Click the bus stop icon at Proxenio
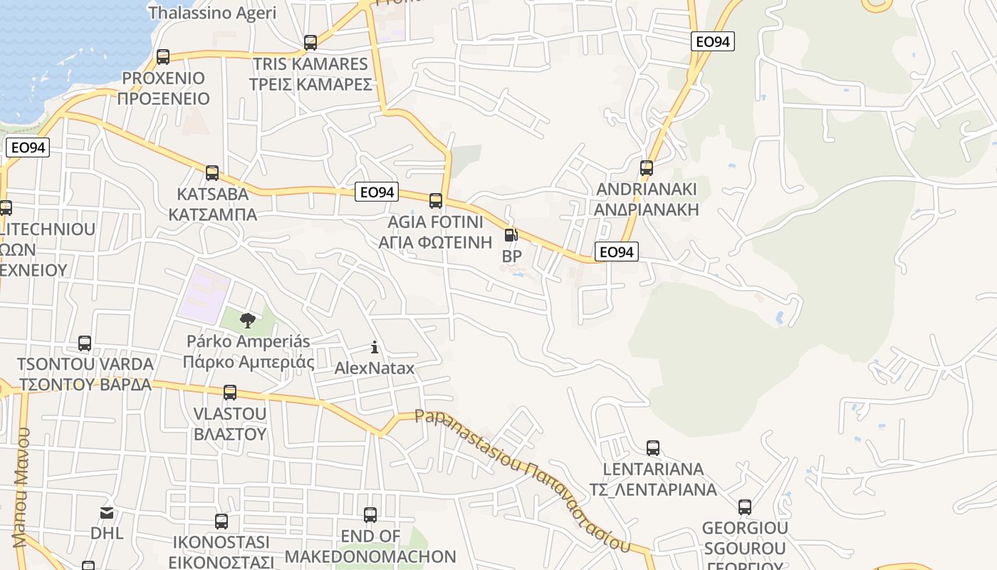(x=163, y=57)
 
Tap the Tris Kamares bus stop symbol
(x=310, y=43)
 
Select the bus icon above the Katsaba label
(x=212, y=173)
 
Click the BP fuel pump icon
(x=511, y=235)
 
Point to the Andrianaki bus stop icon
(x=647, y=168)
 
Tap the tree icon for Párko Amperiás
(x=247, y=320)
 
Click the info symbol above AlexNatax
(x=375, y=348)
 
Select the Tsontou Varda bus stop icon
(x=85, y=343)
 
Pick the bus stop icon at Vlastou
(x=230, y=393)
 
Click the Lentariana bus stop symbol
(x=653, y=448)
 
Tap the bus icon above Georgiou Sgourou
(x=745, y=507)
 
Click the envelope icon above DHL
(x=107, y=512)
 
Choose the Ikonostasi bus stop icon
(x=221, y=522)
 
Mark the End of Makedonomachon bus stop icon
(x=370, y=515)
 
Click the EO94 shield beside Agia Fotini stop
(x=377, y=192)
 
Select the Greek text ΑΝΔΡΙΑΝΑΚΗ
(x=647, y=210)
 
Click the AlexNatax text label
(x=375, y=368)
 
